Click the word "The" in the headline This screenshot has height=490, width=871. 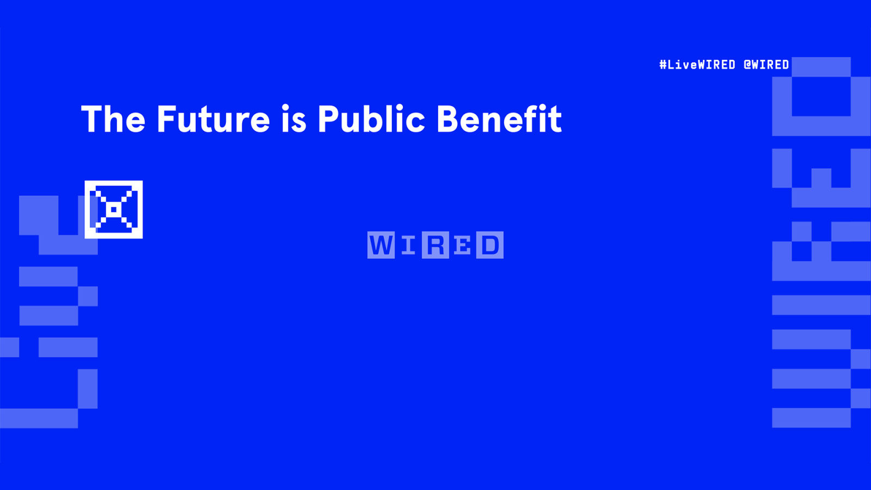[x=113, y=119]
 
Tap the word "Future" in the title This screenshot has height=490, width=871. [x=213, y=119]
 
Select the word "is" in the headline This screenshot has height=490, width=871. [x=294, y=119]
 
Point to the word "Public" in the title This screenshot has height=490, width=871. [x=371, y=119]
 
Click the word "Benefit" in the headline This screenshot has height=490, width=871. [x=499, y=119]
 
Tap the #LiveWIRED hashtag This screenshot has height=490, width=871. [x=697, y=65]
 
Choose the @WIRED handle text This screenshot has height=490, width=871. [x=766, y=65]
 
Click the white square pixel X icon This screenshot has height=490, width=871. [x=114, y=210]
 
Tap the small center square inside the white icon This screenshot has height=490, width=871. [x=114, y=210]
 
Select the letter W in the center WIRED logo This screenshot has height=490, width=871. [x=381, y=245]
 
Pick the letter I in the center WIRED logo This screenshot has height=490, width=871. [x=408, y=245]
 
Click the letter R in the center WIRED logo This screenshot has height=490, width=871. [x=436, y=245]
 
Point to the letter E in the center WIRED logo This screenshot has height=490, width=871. [x=463, y=245]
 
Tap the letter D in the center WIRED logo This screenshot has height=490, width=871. [x=490, y=245]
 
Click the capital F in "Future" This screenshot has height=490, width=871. [x=166, y=119]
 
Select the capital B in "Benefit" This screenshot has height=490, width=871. [x=448, y=119]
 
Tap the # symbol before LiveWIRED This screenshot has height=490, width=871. [x=663, y=65]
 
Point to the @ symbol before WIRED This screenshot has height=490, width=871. [x=747, y=65]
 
